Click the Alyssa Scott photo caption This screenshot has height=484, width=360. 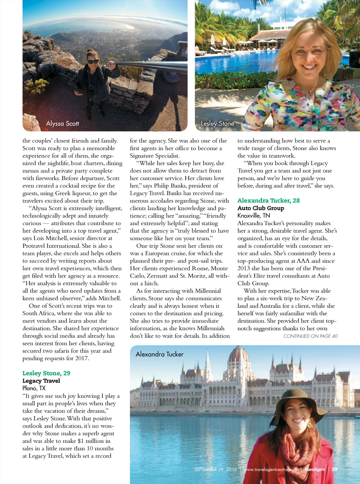click(63, 123)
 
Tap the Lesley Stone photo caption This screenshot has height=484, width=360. click(217, 123)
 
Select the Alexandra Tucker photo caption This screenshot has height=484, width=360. click(160, 354)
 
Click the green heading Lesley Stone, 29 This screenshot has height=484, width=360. click(46, 373)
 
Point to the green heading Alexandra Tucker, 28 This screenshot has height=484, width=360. click(269, 200)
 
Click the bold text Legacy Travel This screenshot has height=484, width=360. click(41, 381)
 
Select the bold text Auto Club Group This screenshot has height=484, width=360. click(261, 208)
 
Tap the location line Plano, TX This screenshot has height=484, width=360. click(34, 388)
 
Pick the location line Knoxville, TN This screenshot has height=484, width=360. click(253, 216)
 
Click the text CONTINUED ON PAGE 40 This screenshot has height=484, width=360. click(310, 336)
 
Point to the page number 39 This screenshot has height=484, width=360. click(334, 469)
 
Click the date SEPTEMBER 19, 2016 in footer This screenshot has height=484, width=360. click(216, 469)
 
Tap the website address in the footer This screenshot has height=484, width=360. click(271, 469)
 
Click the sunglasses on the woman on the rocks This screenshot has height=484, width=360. click(93, 62)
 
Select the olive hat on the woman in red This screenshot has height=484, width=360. click(298, 401)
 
